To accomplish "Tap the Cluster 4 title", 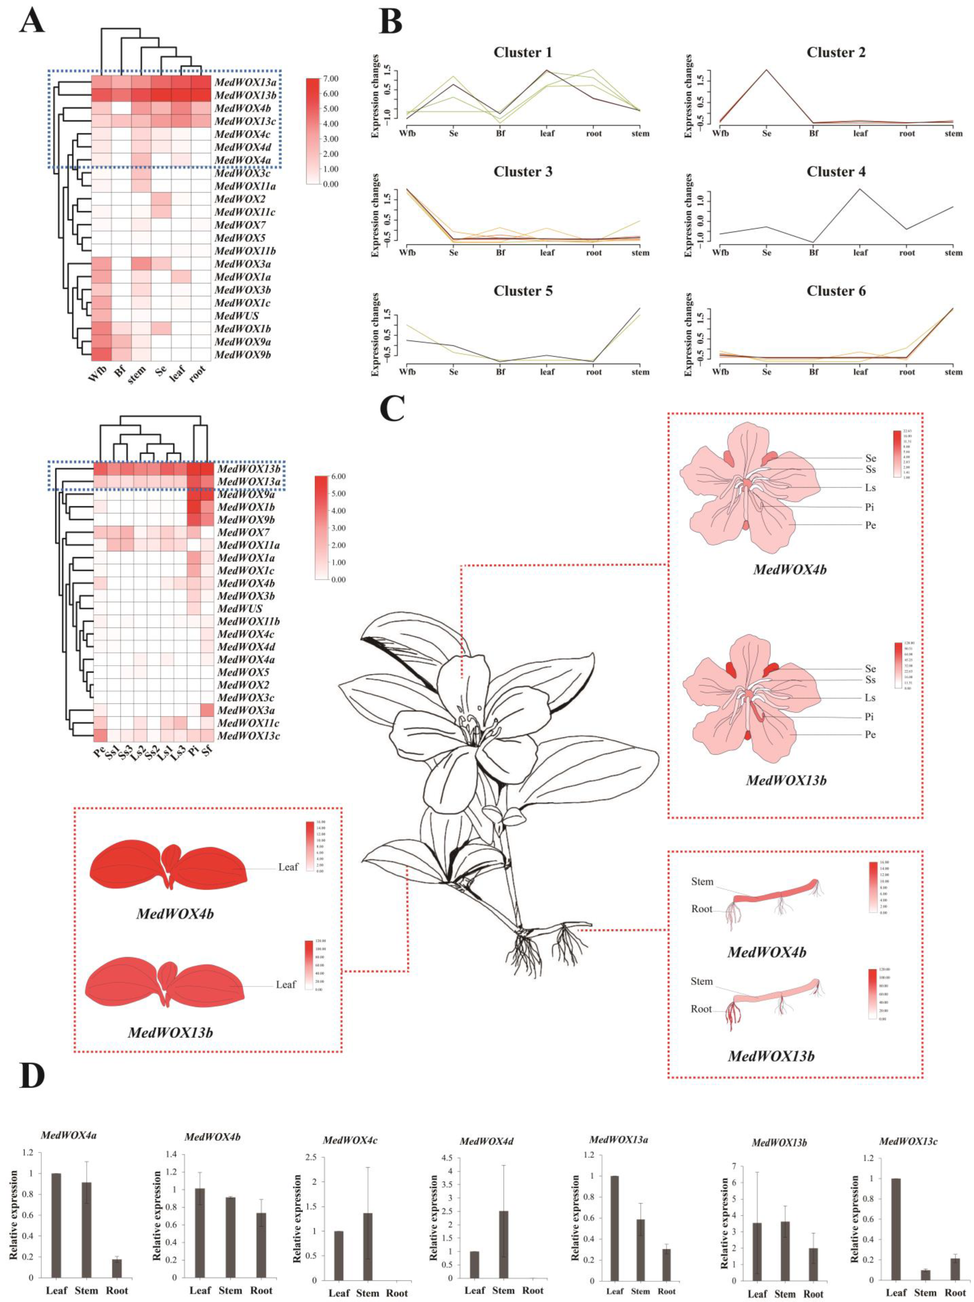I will [x=836, y=172].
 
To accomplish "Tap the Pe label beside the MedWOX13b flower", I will [x=870, y=735].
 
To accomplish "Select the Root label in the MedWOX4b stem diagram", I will [x=702, y=909].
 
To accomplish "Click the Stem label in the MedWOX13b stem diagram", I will [x=702, y=981].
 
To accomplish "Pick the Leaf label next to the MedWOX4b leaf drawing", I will [x=288, y=867].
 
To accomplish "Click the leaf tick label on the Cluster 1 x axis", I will [x=547, y=134].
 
